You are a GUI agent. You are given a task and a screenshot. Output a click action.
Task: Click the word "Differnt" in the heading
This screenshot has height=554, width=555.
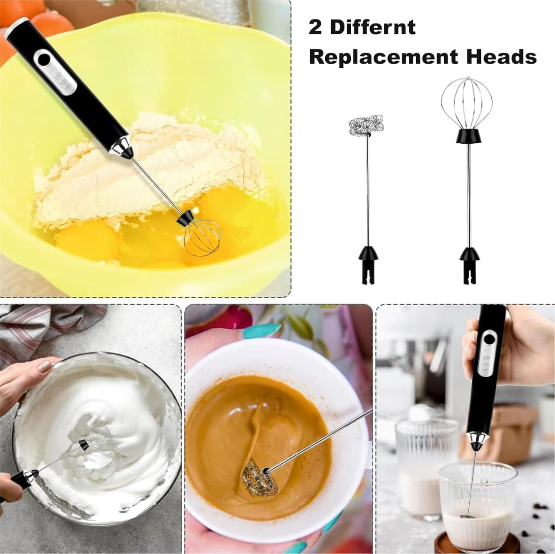[373, 28]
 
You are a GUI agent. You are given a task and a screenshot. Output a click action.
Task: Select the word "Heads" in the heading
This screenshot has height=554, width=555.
[501, 56]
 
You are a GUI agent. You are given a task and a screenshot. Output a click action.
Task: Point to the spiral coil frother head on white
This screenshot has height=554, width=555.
[366, 125]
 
